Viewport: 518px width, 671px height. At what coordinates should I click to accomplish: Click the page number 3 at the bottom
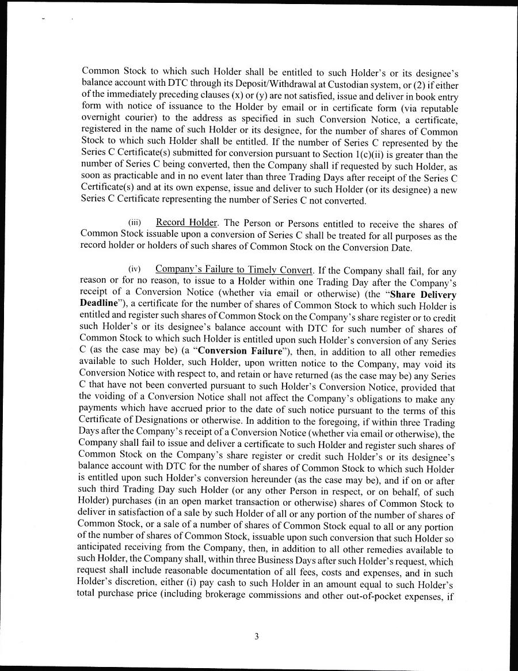257,636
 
